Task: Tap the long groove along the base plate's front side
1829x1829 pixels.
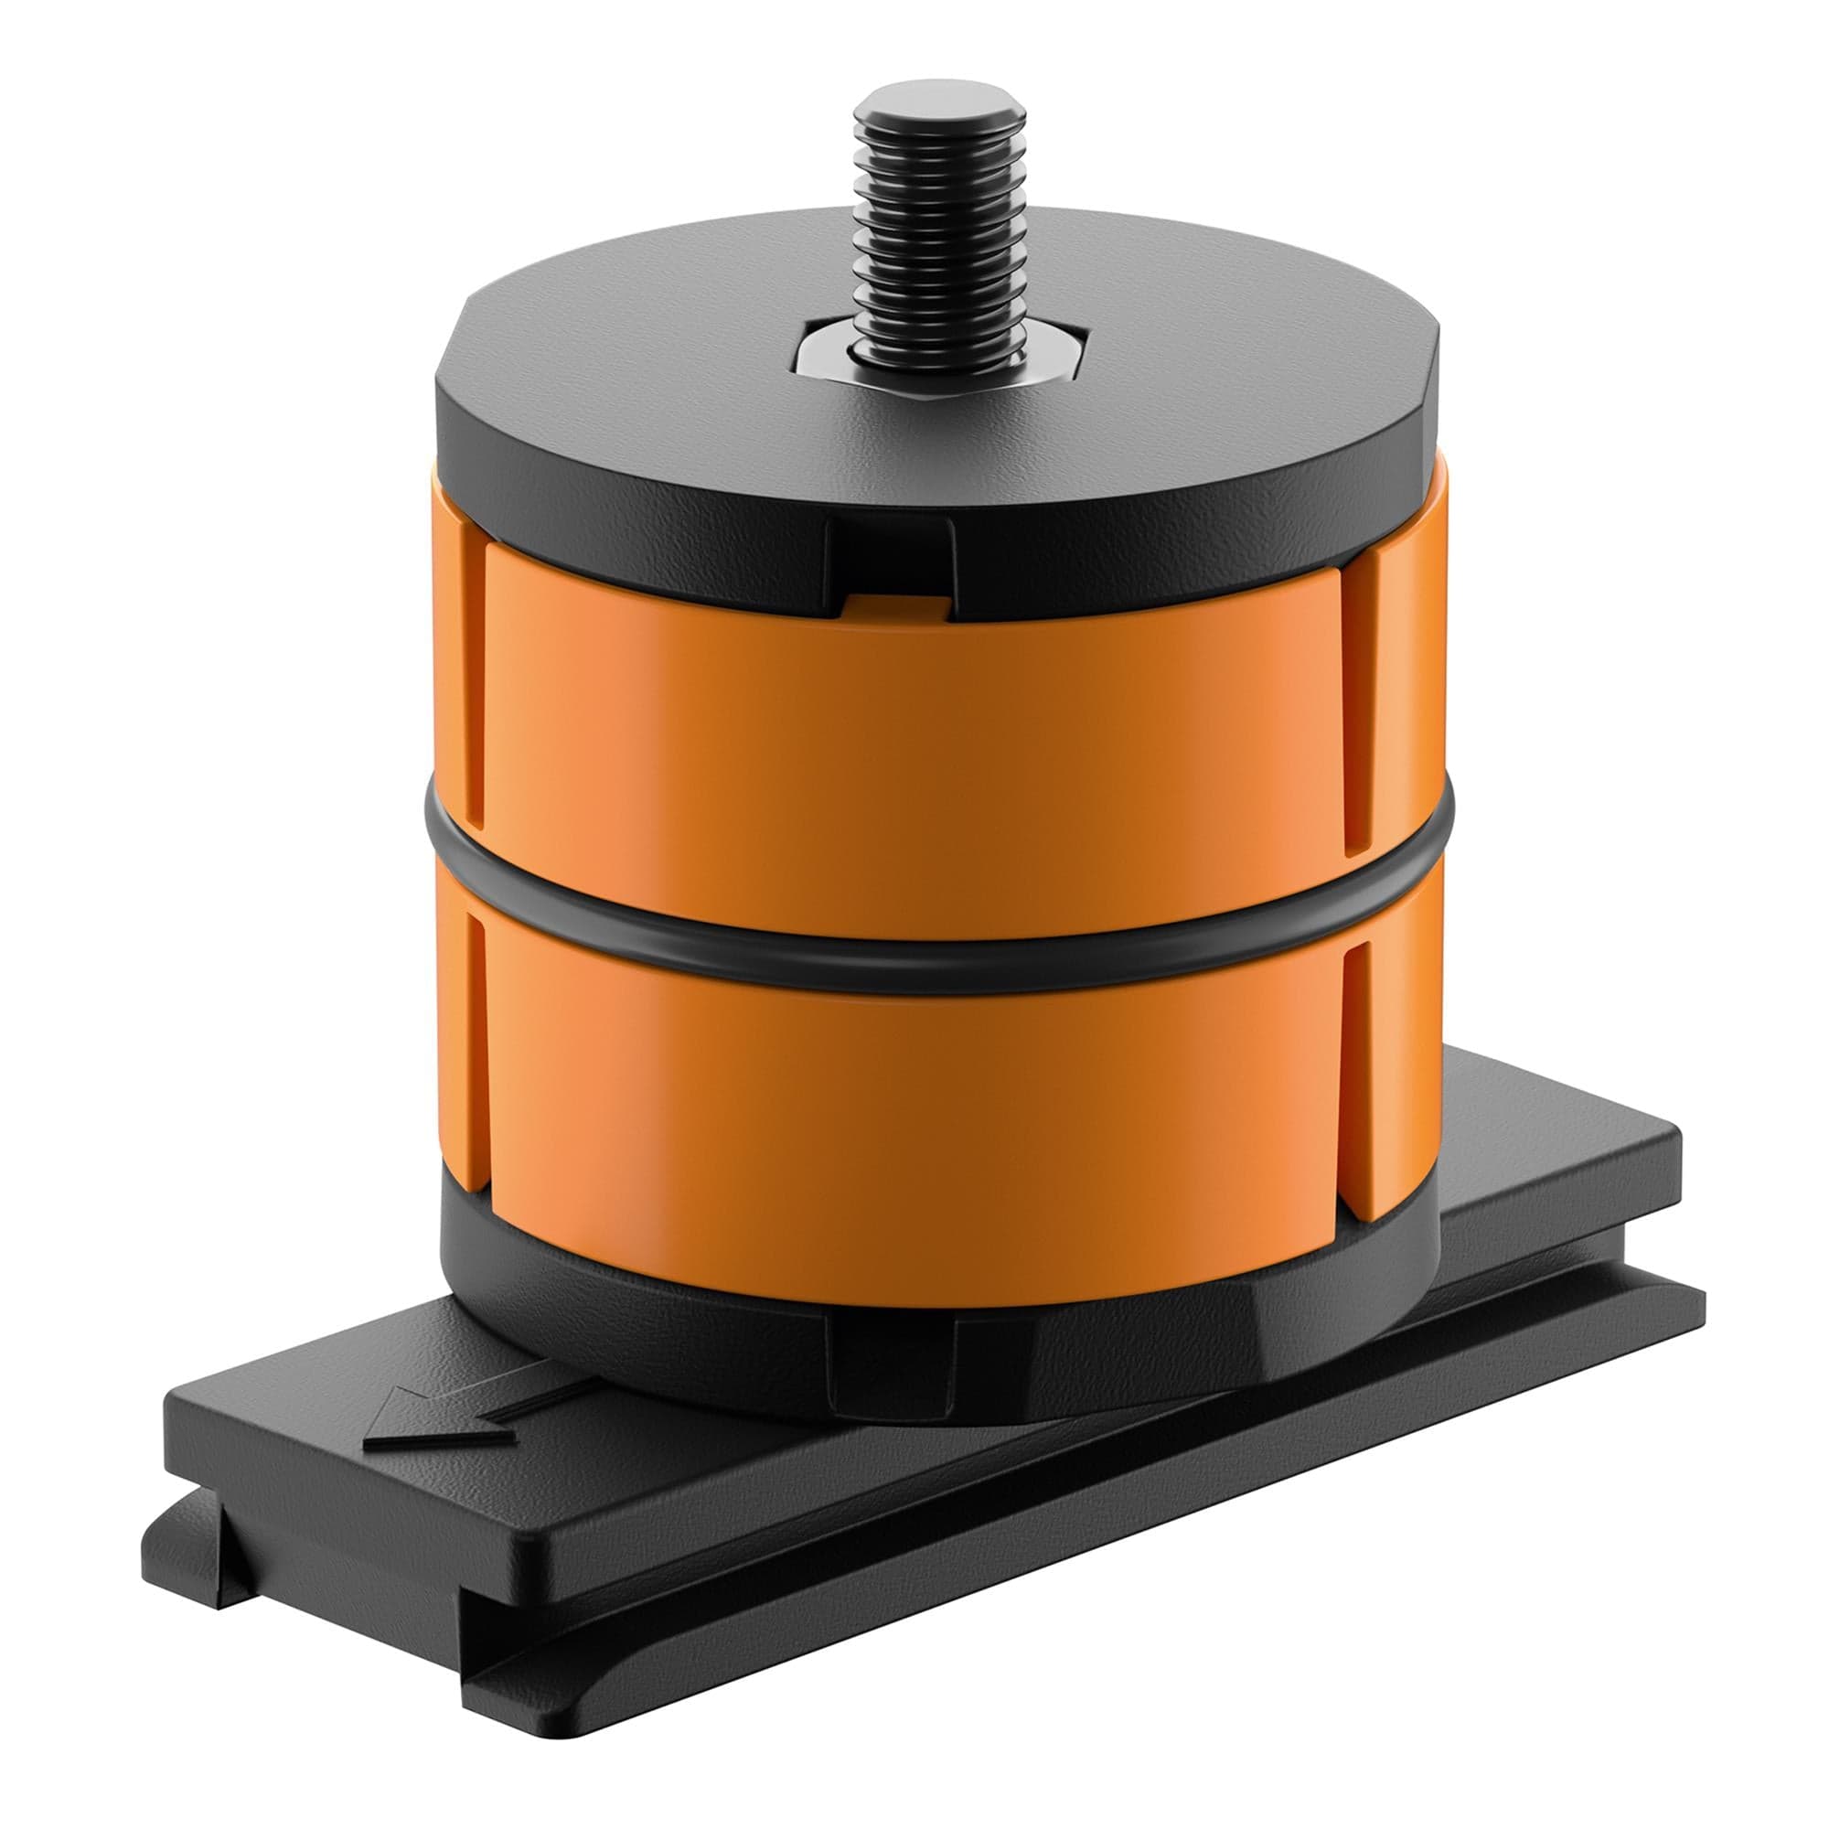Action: point(1042,1553)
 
